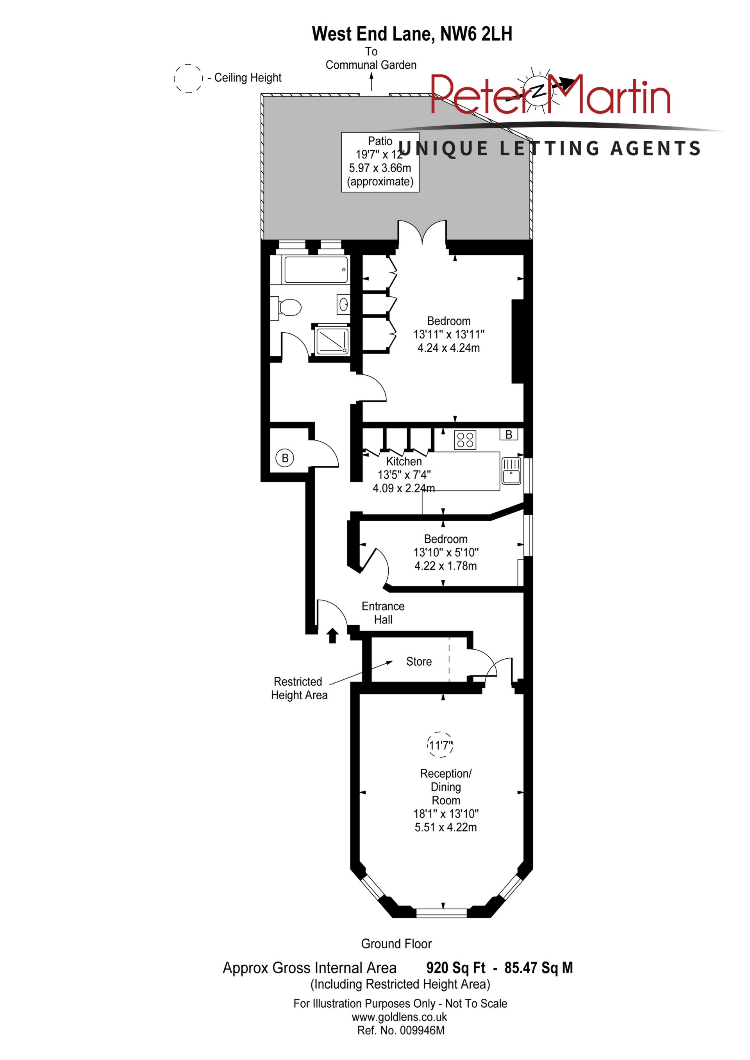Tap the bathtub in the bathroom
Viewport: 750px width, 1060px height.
point(316,270)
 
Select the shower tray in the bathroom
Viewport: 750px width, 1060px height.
point(331,341)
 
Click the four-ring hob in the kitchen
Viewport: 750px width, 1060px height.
point(465,439)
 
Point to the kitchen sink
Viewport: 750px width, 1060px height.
point(511,470)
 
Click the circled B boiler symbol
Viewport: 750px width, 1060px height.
point(285,458)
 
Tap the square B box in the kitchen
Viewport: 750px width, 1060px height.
point(509,434)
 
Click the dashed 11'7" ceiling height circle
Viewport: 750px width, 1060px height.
point(441,745)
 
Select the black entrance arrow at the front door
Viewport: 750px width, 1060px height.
point(332,635)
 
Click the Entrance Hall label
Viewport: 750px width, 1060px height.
point(383,613)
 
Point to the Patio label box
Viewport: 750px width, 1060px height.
point(380,162)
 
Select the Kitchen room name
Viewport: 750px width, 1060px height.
point(404,461)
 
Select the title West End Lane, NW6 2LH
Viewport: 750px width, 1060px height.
point(412,34)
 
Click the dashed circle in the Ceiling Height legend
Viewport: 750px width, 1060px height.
point(188,78)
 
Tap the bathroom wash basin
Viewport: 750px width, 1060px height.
point(343,304)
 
